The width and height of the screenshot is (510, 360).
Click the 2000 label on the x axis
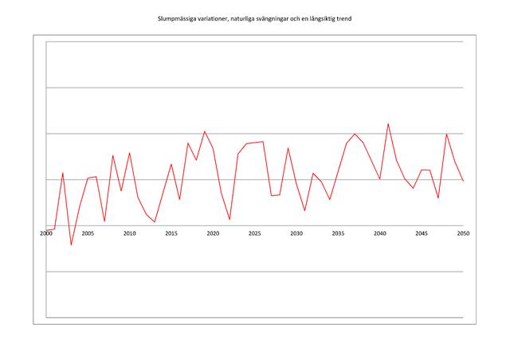point(46,233)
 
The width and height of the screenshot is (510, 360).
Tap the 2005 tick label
point(88,233)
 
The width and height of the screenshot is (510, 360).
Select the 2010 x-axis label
point(129,233)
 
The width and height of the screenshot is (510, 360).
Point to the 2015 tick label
point(171,233)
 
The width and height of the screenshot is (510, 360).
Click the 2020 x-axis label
point(213,233)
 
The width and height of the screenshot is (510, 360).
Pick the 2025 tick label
point(255,233)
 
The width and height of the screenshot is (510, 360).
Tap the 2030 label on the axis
point(296,233)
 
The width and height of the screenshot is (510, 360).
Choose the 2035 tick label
point(338,233)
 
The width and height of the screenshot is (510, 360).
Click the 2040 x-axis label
point(380,233)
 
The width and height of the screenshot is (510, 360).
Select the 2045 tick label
point(422,233)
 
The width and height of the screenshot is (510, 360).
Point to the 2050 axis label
point(463,233)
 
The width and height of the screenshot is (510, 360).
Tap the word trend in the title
point(344,18)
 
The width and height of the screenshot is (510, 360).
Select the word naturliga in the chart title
point(243,19)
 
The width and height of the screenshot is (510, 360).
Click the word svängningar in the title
point(274,19)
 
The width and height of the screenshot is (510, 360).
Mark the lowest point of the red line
point(71,245)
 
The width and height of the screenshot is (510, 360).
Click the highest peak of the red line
point(388,124)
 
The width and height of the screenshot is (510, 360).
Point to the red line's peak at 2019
point(205,131)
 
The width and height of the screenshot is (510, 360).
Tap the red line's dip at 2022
point(229,220)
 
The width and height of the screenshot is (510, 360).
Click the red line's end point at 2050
point(463,181)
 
